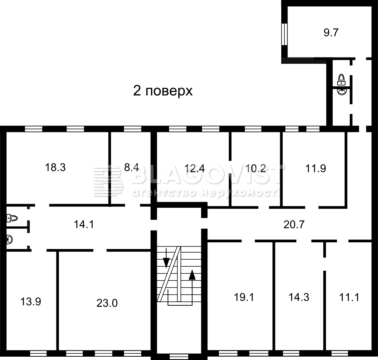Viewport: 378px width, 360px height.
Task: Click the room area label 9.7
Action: pyautogui.click(x=331, y=32)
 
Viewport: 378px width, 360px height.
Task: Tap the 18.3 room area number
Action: pyautogui.click(x=55, y=167)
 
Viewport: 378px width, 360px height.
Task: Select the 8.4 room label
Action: pyautogui.click(x=131, y=167)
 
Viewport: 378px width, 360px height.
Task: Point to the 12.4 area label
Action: pyautogui.click(x=195, y=168)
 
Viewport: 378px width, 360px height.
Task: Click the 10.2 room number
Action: pyautogui.click(x=255, y=168)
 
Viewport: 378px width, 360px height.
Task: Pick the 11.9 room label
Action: pyautogui.click(x=316, y=168)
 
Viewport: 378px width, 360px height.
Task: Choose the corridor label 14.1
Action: pyautogui.click(x=84, y=224)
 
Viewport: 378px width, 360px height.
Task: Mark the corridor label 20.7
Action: pyautogui.click(x=294, y=224)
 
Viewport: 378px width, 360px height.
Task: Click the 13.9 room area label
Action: pyautogui.click(x=31, y=301)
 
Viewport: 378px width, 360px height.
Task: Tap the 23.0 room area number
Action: pyautogui.click(x=107, y=303)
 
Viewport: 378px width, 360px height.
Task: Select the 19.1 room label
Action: pyautogui.click(x=244, y=297)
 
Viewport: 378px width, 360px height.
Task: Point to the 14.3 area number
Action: pyautogui.click(x=299, y=297)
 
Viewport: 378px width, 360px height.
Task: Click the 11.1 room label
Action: pyautogui.click(x=349, y=297)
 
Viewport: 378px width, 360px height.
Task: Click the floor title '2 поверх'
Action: pyautogui.click(x=163, y=91)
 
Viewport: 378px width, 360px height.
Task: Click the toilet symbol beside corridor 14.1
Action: pyautogui.click(x=12, y=218)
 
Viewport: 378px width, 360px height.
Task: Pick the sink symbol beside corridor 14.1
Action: pyautogui.click(x=9, y=239)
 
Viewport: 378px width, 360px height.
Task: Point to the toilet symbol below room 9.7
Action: pyautogui.click(x=341, y=80)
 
